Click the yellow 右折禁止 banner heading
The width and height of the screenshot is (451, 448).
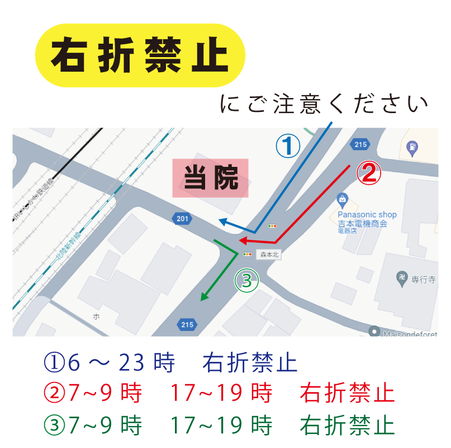[140, 55]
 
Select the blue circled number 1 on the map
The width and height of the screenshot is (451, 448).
[288, 146]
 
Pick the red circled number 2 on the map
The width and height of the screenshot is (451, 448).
[369, 174]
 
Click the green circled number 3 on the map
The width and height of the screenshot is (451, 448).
[248, 279]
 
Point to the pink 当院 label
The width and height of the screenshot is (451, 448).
[210, 178]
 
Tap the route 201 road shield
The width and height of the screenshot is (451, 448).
[182, 219]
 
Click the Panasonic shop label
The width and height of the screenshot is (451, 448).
[367, 214]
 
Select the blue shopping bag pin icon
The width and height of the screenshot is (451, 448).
[343, 199]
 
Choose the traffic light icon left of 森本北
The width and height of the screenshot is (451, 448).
[248, 254]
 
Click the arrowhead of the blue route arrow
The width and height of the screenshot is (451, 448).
[221, 221]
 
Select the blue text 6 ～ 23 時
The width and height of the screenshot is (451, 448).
[122, 363]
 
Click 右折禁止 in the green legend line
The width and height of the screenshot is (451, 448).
[347, 426]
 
